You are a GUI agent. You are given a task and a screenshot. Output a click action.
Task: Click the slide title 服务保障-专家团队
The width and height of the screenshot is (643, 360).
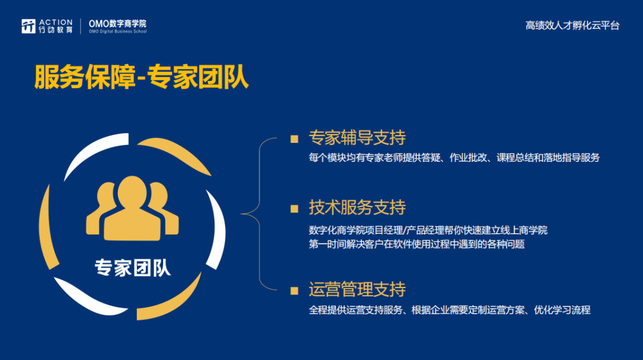pyautogui.click(x=142, y=77)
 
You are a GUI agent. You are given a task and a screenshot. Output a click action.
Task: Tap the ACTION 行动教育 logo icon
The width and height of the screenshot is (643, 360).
pyautogui.click(x=29, y=26)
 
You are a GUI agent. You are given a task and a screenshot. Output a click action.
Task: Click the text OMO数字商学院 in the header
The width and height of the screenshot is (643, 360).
pyautogui.click(x=117, y=24)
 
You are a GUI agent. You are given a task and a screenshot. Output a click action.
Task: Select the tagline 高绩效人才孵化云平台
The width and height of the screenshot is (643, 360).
pyautogui.click(x=573, y=26)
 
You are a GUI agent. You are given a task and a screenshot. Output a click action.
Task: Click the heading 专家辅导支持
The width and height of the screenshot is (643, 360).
pyautogui.click(x=357, y=137)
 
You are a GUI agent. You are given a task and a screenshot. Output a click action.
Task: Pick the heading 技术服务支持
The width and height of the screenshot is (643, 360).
pyautogui.click(x=357, y=208)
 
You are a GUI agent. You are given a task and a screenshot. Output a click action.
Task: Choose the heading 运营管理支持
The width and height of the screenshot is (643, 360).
pyautogui.click(x=357, y=289)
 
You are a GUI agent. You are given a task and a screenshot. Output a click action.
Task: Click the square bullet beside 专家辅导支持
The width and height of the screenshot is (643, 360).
pyautogui.click(x=295, y=139)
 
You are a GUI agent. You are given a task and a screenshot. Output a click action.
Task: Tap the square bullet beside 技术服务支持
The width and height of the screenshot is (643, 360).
pyautogui.click(x=295, y=209)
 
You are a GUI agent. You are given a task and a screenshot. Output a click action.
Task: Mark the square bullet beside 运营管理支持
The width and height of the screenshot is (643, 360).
pyautogui.click(x=295, y=291)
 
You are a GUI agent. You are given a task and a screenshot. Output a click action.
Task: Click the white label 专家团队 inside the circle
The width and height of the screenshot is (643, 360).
pyautogui.click(x=132, y=268)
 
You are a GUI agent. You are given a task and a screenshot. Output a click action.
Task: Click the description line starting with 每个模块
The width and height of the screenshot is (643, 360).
pyautogui.click(x=454, y=158)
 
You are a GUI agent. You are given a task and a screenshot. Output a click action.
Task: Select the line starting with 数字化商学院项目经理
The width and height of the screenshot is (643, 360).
pyautogui.click(x=428, y=230)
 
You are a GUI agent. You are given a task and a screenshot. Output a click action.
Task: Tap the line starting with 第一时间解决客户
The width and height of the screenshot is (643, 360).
pyautogui.click(x=417, y=245)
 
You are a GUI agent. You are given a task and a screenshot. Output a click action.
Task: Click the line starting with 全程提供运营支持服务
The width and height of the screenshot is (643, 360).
pyautogui.click(x=450, y=310)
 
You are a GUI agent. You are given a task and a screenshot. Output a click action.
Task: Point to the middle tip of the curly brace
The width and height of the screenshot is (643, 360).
pyautogui.click(x=241, y=214)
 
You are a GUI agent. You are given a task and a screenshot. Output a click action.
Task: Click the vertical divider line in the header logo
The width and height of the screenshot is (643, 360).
pyautogui.click(x=80, y=26)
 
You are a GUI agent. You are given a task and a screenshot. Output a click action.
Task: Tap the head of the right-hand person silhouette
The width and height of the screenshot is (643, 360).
pyautogui.click(x=158, y=195)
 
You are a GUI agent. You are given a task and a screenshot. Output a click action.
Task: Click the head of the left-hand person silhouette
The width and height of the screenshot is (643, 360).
pyautogui.click(x=107, y=195)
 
